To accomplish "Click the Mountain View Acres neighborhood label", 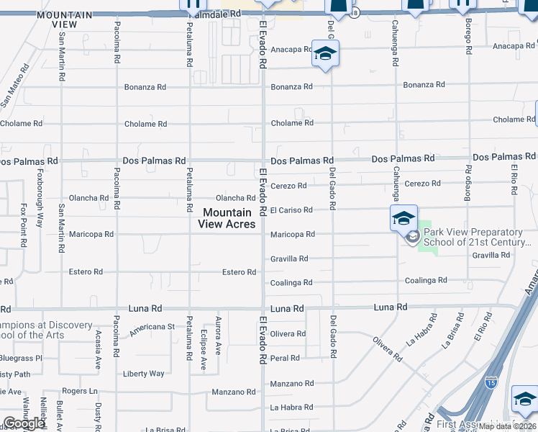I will point(227,218).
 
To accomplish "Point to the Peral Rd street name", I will point(285,358).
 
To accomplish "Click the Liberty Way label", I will point(144,374).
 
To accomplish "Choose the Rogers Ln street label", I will point(79,391).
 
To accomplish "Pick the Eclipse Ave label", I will point(204,352).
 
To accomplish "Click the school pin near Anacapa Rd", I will point(325,54).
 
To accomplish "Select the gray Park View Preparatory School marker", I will point(412,237).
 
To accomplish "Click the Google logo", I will point(24,423).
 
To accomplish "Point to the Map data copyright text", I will point(508,426).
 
